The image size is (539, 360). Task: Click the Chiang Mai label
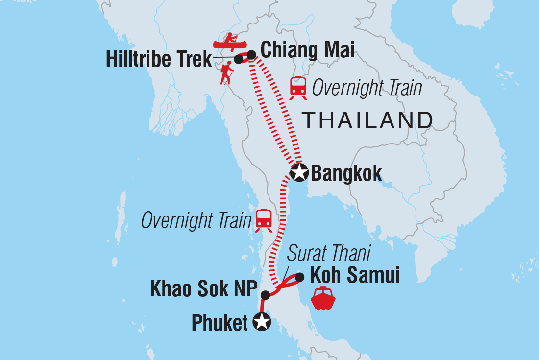pos(307,50)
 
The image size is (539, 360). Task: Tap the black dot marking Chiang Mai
pos(251,55)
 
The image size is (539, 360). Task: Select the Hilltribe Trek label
pos(159,60)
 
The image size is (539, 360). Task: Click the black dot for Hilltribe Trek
pos(239,59)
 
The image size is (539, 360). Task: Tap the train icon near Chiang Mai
pos(298,87)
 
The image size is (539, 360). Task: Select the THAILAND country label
pos(367,120)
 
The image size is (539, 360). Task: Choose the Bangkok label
pos(346,173)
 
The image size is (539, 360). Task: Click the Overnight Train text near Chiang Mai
pos(367,89)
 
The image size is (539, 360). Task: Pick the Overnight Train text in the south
pos(196,221)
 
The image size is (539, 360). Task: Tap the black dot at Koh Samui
pos(299,277)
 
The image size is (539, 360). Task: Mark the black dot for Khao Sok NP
pos(265,295)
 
